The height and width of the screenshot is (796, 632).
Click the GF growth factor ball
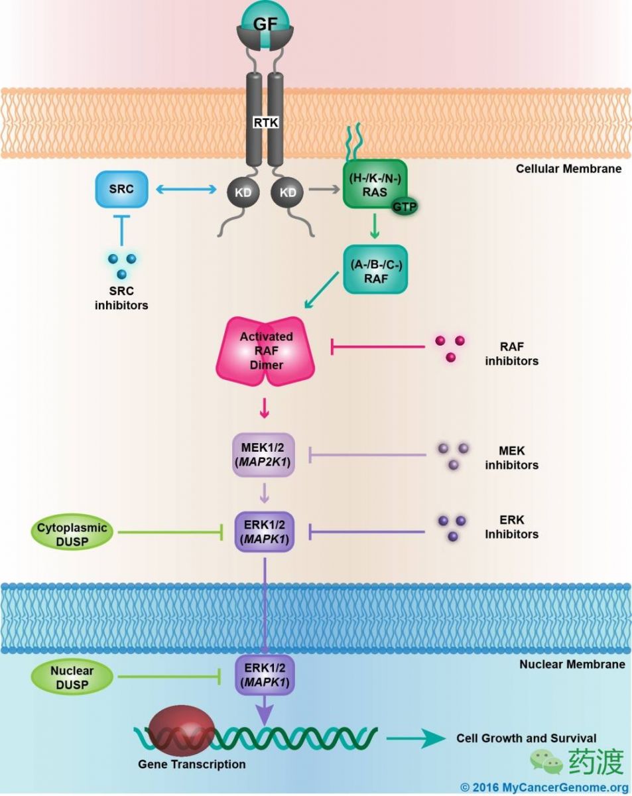point(265,25)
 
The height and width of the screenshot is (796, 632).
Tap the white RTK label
point(265,123)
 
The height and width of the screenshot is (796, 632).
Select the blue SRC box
point(121,189)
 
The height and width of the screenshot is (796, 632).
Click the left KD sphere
point(243,192)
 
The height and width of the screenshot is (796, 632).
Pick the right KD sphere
point(287,192)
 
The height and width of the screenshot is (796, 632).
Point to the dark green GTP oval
point(405,206)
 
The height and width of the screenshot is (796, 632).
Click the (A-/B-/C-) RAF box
point(376,269)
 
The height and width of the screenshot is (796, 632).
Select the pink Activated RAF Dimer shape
point(265,351)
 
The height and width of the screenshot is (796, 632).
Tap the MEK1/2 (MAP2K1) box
point(264,454)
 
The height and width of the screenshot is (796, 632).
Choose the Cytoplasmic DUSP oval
point(72,532)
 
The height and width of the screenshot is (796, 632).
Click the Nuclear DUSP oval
point(72,677)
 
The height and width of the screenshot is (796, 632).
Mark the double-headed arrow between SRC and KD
point(186,190)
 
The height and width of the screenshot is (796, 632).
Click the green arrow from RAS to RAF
point(375,226)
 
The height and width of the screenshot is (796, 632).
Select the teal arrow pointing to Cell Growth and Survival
point(416,738)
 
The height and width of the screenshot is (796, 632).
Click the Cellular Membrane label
point(569,169)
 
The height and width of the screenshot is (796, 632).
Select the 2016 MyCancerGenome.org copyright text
point(544,787)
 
